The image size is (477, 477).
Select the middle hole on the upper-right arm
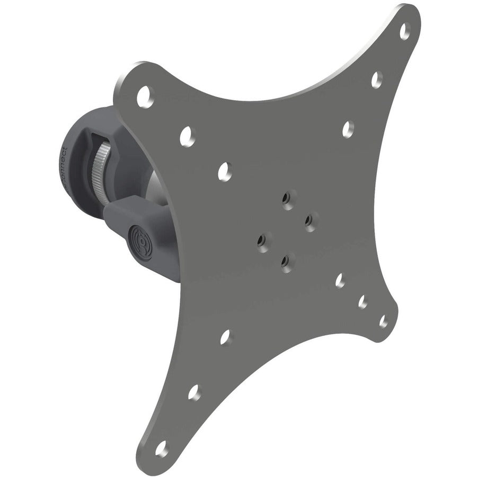coord(377,79)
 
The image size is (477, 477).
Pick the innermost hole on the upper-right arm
coord(348,129)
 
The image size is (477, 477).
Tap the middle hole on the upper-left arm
coord(186,136)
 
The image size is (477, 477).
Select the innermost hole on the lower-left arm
coord(225,336)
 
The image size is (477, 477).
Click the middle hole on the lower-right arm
coord(364,302)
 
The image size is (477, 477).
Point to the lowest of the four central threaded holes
coord(286,260)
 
